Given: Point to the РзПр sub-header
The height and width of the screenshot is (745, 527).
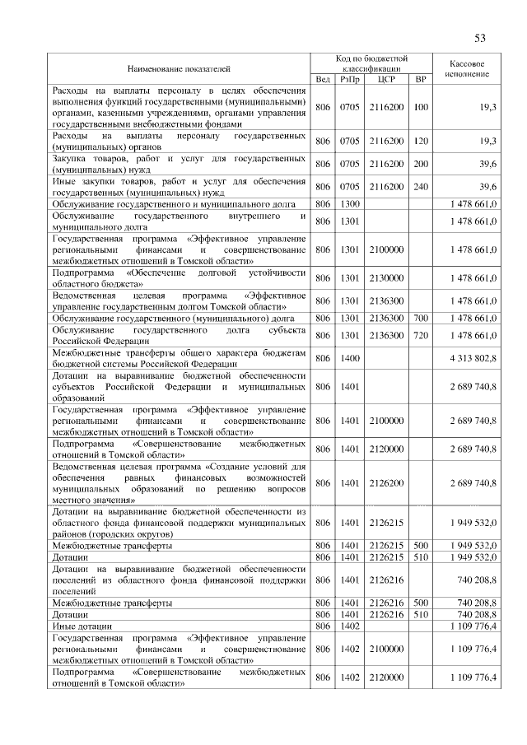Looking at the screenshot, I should pyautogui.click(x=350, y=79).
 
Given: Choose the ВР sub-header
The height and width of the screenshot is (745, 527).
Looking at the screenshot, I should pyautogui.click(x=421, y=79).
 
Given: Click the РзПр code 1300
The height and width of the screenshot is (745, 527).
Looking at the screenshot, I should pyautogui.click(x=350, y=203).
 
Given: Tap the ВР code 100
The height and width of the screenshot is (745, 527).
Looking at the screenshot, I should pyautogui.click(x=421, y=108).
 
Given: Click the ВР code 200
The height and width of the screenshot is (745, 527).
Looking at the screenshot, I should pyautogui.click(x=421, y=163).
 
